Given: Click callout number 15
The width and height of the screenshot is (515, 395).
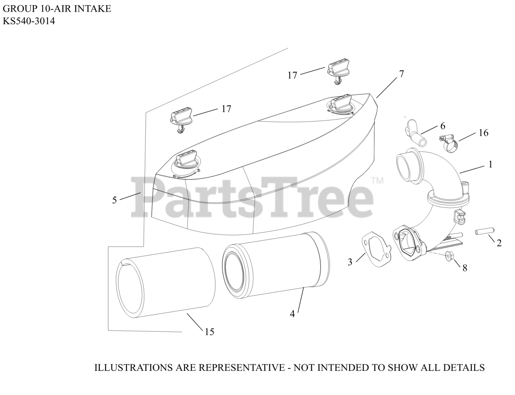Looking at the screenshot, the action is click(x=209, y=332).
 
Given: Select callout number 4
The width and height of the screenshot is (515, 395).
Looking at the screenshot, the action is click(x=293, y=314).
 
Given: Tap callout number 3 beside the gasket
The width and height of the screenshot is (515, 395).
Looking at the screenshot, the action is click(x=350, y=262).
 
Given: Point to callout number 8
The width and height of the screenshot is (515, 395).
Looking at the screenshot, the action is click(x=465, y=268).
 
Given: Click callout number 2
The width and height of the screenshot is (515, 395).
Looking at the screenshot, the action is click(x=499, y=243).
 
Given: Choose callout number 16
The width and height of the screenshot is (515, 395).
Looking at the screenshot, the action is click(x=483, y=132).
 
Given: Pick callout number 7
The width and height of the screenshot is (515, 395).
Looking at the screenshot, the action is click(x=401, y=74).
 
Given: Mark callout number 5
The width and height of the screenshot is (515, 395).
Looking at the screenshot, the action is click(x=115, y=200).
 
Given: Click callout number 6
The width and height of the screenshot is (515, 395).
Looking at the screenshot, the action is click(x=443, y=126).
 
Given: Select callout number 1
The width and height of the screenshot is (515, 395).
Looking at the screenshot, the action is click(x=490, y=164).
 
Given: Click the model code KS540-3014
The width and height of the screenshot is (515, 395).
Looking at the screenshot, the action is click(x=29, y=21).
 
